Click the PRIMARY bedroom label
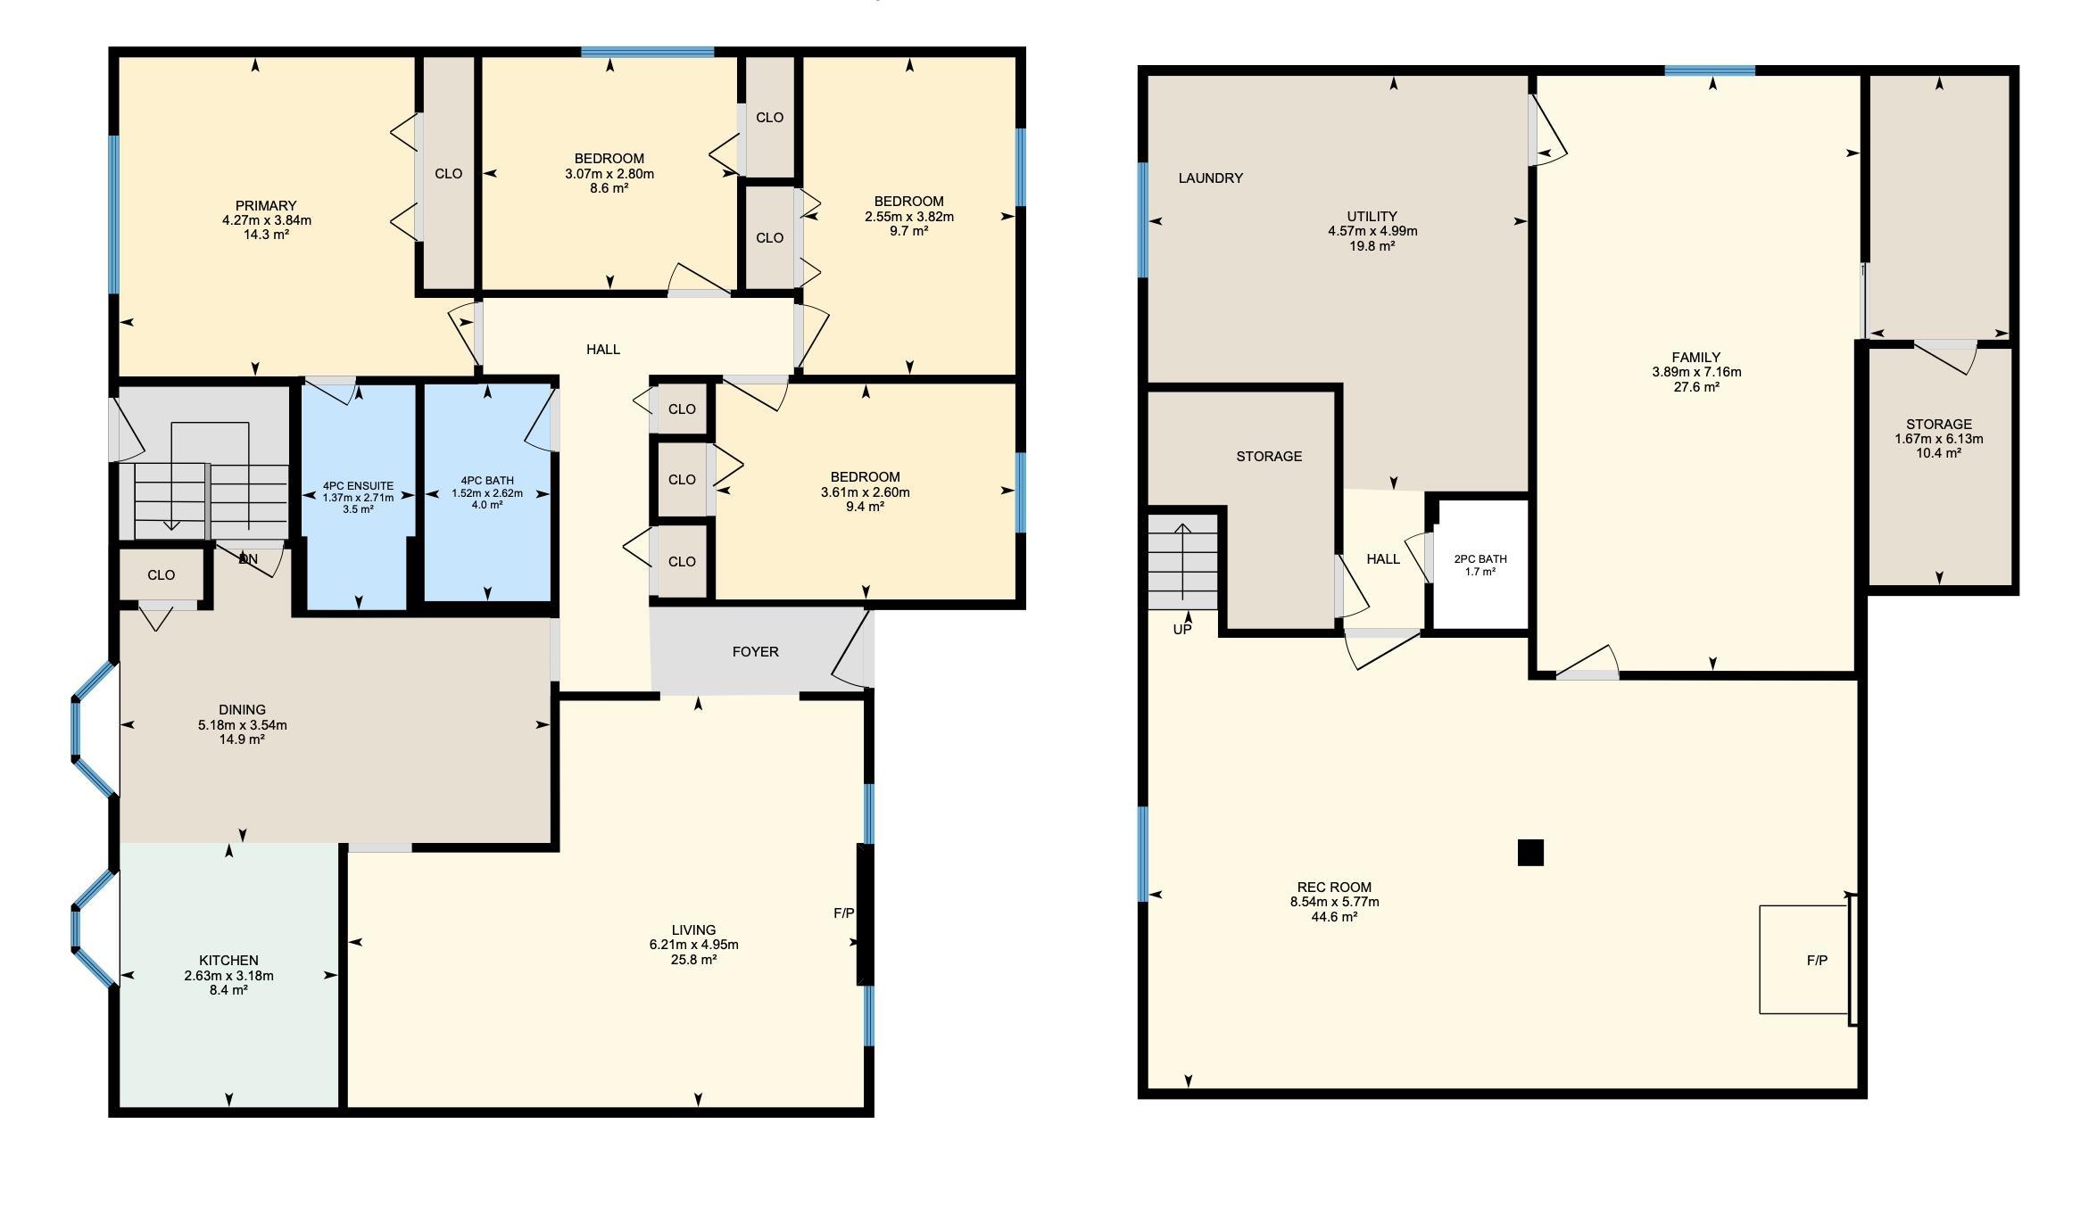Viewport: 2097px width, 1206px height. tap(266, 205)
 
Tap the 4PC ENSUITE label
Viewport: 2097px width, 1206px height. tap(358, 486)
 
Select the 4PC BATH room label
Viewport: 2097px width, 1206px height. tap(487, 481)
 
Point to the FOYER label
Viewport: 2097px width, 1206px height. tap(755, 652)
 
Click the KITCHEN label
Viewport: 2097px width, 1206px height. tap(228, 961)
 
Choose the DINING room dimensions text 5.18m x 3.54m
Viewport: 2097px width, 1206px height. tap(243, 725)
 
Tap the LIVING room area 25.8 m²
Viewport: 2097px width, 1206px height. tap(693, 960)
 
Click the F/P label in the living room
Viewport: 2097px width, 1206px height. tap(843, 913)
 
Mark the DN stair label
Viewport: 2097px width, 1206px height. tap(248, 559)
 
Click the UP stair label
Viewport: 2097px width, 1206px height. tap(1182, 629)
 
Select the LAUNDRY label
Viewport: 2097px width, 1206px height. tap(1210, 178)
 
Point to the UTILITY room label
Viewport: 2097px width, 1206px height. tap(1372, 216)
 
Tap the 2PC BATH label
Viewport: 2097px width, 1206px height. tap(1480, 559)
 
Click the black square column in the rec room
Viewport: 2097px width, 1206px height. tap(1530, 853)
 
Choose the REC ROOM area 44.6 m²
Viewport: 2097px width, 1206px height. tap(1334, 917)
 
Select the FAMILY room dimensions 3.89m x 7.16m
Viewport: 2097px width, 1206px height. tap(1696, 373)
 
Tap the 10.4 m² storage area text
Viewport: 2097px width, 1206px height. tap(1938, 453)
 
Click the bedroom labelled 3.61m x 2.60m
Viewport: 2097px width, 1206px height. tap(865, 492)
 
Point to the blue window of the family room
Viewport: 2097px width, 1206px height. tap(1710, 70)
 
